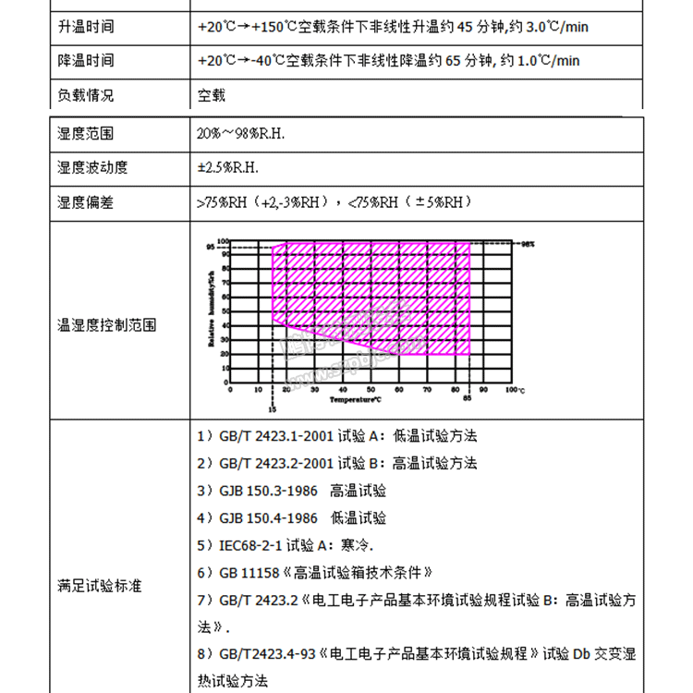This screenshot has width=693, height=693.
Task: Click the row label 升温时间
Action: tap(86, 27)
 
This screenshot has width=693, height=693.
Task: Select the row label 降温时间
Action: tap(86, 61)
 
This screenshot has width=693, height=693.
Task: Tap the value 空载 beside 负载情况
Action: tap(212, 95)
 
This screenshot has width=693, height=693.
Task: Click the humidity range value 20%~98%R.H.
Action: tap(241, 134)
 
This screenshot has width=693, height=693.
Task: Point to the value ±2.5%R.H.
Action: tap(228, 168)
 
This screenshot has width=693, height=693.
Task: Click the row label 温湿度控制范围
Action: tap(107, 325)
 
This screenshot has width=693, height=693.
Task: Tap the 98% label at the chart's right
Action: tap(528, 245)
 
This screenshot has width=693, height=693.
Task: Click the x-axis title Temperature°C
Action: tap(357, 400)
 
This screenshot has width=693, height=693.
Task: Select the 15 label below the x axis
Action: tap(272, 407)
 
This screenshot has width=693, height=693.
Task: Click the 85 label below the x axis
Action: tap(468, 399)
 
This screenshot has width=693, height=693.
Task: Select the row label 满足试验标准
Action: tap(100, 586)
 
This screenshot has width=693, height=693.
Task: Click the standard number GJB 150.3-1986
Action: tap(268, 491)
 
